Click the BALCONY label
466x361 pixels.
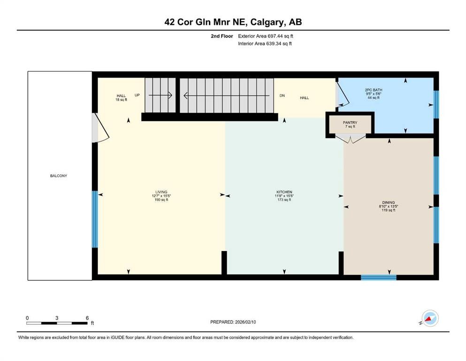tap(59, 176)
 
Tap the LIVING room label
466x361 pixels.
tap(161, 192)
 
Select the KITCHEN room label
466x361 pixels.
tap(284, 192)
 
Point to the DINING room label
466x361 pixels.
tap(389, 203)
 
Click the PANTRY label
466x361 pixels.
tap(350, 123)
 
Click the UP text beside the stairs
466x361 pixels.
tap(138, 95)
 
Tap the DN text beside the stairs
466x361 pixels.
tap(282, 95)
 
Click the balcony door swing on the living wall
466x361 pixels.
tap(100, 128)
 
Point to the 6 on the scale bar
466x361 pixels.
tap(87, 318)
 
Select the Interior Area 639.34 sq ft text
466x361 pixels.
tap(265, 43)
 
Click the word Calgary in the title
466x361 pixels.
tap(271, 22)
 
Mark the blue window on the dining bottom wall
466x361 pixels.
tap(378, 277)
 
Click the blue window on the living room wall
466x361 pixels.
tap(95, 219)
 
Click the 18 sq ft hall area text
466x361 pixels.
tap(121, 100)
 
